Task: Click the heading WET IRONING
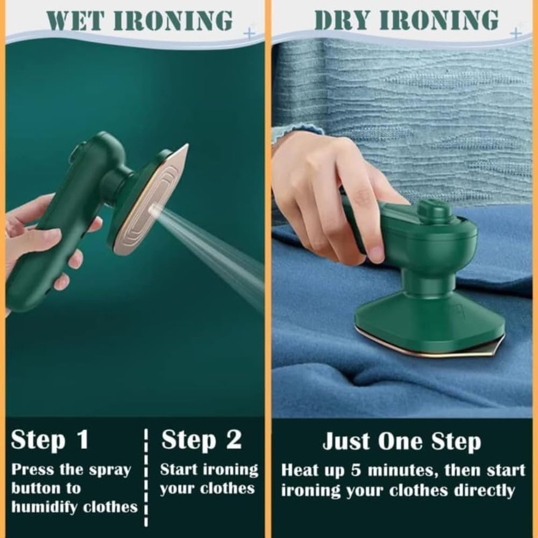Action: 140,20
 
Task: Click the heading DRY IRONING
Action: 406,20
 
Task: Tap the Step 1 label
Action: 49,440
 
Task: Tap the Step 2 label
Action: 201,440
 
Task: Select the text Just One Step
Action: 401,442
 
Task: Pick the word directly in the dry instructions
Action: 484,490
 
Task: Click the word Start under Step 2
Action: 182,470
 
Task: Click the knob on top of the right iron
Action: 435,211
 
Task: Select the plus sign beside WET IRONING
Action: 249,33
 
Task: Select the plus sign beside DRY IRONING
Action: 515,33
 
